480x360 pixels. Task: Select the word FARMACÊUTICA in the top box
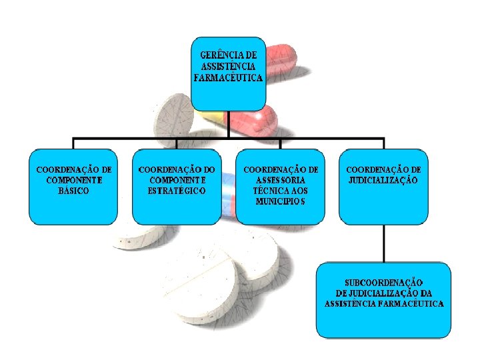pyautogui.click(x=228, y=77)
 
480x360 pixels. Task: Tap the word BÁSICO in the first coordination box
pyautogui.click(x=73, y=190)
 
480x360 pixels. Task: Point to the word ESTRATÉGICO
pyautogui.click(x=177, y=191)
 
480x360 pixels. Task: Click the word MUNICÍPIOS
pyautogui.click(x=280, y=201)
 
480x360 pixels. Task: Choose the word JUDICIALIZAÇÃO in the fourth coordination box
pyautogui.click(x=383, y=180)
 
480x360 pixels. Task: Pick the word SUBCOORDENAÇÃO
pyautogui.click(x=384, y=283)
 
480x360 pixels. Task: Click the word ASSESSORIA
pyautogui.click(x=281, y=180)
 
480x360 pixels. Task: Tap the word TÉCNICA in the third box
pyautogui.click(x=267, y=191)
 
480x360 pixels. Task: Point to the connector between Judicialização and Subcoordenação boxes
pyautogui.click(x=383, y=243)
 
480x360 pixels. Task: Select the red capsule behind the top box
pyautogui.click(x=280, y=60)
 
